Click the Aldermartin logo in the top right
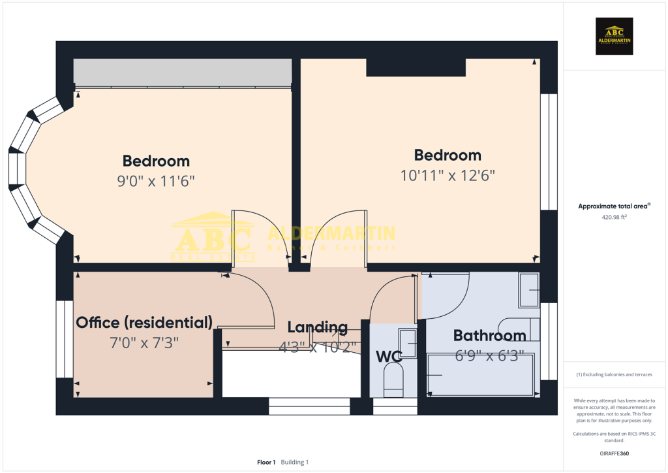tap(615, 35)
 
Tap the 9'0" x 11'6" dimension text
tap(156, 181)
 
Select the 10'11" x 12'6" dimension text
tap(448, 175)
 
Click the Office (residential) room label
tap(144, 322)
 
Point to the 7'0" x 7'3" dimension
tap(144, 342)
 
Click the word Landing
tap(317, 327)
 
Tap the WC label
tap(388, 357)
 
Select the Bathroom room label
tap(489, 336)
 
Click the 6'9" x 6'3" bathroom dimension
tap(489, 356)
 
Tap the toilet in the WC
tap(393, 380)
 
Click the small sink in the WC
tap(408, 339)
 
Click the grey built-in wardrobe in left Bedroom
tap(183, 72)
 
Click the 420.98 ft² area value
tap(613, 218)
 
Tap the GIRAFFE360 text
tap(614, 453)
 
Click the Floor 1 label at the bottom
tap(266, 462)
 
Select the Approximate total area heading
tap(613, 206)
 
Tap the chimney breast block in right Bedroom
tap(416, 67)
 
